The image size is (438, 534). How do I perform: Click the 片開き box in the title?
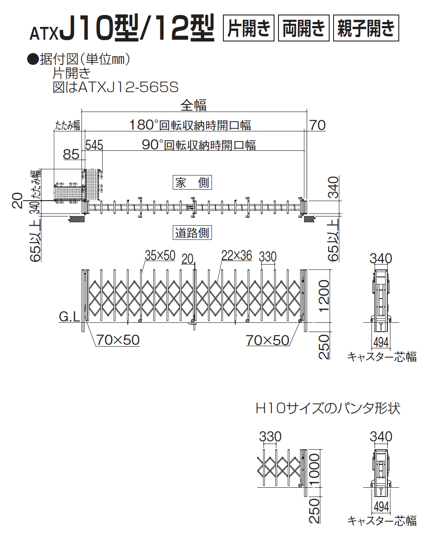pyautogui.click(x=249, y=28)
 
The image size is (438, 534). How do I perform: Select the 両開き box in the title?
pyautogui.click(x=304, y=28)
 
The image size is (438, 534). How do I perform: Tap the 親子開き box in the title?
pyautogui.click(x=366, y=28)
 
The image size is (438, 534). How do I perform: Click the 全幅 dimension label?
pyautogui.click(x=193, y=105)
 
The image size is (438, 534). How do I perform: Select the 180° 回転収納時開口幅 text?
pyautogui.click(x=190, y=125)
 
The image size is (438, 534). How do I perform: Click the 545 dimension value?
pyautogui.click(x=94, y=145)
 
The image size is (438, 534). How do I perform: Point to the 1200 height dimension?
pyautogui.click(x=324, y=295)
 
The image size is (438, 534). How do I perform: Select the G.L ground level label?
pyautogui.click(x=69, y=316)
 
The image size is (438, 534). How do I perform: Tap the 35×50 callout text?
pyautogui.click(x=160, y=255)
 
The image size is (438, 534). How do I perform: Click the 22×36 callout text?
pyautogui.click(x=236, y=255)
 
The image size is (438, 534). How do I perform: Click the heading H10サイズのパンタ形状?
pyautogui.click(x=328, y=408)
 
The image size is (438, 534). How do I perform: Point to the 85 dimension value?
pyautogui.click(x=71, y=154)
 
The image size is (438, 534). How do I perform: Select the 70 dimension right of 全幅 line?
pyautogui.click(x=317, y=125)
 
